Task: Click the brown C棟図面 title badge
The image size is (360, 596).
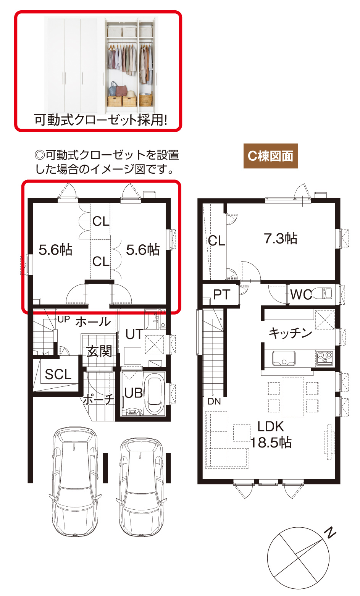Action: tap(270, 156)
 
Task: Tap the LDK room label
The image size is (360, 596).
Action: tap(270, 426)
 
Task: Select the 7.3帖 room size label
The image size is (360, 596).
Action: tap(281, 238)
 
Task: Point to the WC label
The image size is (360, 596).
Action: tap(301, 295)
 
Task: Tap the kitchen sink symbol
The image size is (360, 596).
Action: tap(284, 358)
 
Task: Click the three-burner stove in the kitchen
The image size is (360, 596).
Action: tap(324, 358)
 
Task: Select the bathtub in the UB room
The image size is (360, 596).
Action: tap(154, 394)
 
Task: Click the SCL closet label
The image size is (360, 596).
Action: tap(58, 375)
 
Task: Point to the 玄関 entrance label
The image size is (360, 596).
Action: tap(99, 351)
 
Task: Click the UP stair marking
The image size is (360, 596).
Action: tap(64, 319)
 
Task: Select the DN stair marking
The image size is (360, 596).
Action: tap(214, 401)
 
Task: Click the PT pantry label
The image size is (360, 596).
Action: tap(222, 295)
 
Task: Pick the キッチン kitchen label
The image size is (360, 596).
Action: tap(290, 333)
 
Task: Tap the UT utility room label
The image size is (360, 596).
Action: tap(134, 334)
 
